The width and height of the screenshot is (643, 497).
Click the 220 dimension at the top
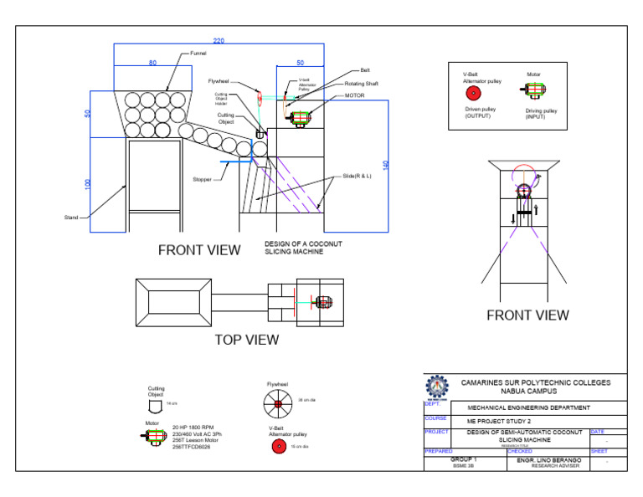pyautogui.click(x=219, y=41)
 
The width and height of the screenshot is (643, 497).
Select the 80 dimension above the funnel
pyautogui.click(x=152, y=63)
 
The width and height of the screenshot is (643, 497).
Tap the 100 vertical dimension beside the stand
pyautogui.click(x=89, y=183)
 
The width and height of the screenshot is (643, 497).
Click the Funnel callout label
pyautogui.click(x=198, y=54)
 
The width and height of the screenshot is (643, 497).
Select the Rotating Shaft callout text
pyautogui.click(x=361, y=84)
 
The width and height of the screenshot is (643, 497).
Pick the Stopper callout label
pyautogui.click(x=202, y=179)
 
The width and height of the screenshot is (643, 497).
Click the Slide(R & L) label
pyautogui.click(x=357, y=177)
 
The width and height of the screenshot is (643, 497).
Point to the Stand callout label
pyautogui.click(x=71, y=218)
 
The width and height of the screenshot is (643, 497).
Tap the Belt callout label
pyautogui.click(x=365, y=72)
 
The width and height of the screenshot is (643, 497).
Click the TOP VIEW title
pyautogui.click(x=247, y=340)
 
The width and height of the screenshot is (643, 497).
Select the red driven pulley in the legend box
pyautogui.click(x=473, y=92)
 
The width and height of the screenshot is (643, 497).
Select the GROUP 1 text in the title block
pyautogui.click(x=463, y=459)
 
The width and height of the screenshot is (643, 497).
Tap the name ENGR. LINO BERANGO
pyautogui.click(x=548, y=459)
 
